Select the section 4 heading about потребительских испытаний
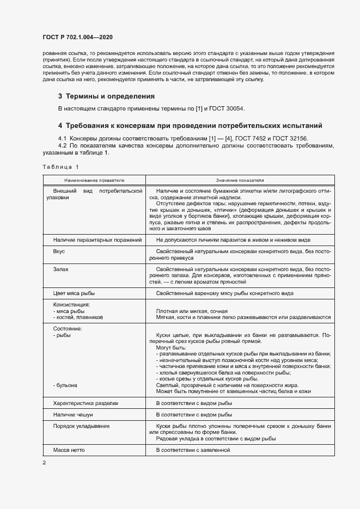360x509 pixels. tap(190, 125)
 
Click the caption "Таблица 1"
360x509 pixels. tap(60, 167)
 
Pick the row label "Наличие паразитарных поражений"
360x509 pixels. tap(97, 240)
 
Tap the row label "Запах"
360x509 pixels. tap(60, 269)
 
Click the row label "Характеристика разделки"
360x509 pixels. tap(86, 403)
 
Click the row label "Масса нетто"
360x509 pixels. tap(69, 450)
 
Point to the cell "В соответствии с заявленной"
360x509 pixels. tap(193, 450)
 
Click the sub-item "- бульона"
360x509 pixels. tap(65, 385)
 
